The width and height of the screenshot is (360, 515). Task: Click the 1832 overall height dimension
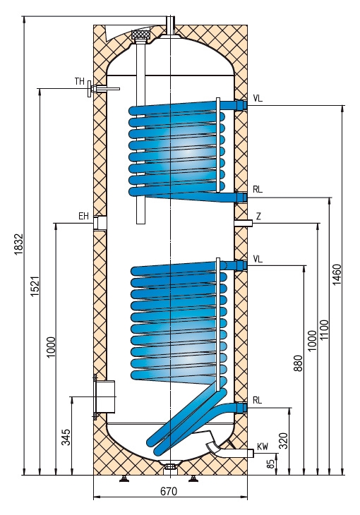pos(18,244)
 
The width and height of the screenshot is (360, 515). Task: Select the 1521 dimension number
pos(35,286)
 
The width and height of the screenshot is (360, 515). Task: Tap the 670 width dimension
pos(169,491)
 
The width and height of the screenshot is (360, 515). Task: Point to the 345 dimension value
pos(66,437)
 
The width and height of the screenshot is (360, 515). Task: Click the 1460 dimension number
pos(337,274)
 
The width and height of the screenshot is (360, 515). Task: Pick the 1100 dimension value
pos(324,330)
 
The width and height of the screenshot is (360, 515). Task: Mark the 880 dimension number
pos(298,363)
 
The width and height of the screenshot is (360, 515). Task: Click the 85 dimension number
pos(270,464)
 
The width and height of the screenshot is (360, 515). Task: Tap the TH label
pos(80,81)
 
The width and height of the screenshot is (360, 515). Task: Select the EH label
pos(83,216)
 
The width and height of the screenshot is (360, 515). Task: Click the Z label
pos(259,217)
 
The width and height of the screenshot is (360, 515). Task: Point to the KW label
pos(263,447)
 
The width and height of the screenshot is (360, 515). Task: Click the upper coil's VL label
pos(258,99)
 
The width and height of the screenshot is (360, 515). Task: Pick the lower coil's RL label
pos(258,400)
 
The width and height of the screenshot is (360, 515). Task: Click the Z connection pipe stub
pos(244,224)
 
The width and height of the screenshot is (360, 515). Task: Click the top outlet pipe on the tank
pos(171,25)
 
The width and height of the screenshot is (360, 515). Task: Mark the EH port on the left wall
pos(100,223)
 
